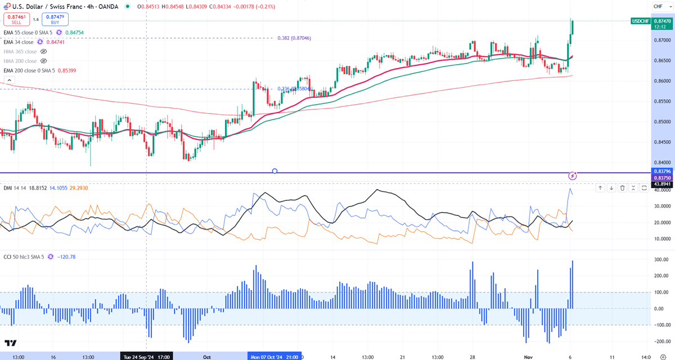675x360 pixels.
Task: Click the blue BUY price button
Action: pos(54,20)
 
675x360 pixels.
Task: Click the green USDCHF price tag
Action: pos(641,21)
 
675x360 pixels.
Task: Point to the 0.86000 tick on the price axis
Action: pos(662,81)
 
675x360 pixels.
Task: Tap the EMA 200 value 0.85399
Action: pos(70,70)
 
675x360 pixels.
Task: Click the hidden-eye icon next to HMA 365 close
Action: pos(44,51)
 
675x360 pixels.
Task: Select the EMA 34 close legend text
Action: pos(18,42)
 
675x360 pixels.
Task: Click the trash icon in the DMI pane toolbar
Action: pos(623,188)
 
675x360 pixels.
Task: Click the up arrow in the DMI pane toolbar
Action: pos(600,188)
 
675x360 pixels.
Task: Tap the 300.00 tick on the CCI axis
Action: pos(661,260)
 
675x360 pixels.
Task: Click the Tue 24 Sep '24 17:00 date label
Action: pos(146,356)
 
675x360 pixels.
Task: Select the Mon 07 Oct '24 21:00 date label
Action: pos(274,356)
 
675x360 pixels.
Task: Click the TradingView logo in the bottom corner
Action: pos(10,343)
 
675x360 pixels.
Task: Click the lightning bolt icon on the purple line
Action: pos(573,175)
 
